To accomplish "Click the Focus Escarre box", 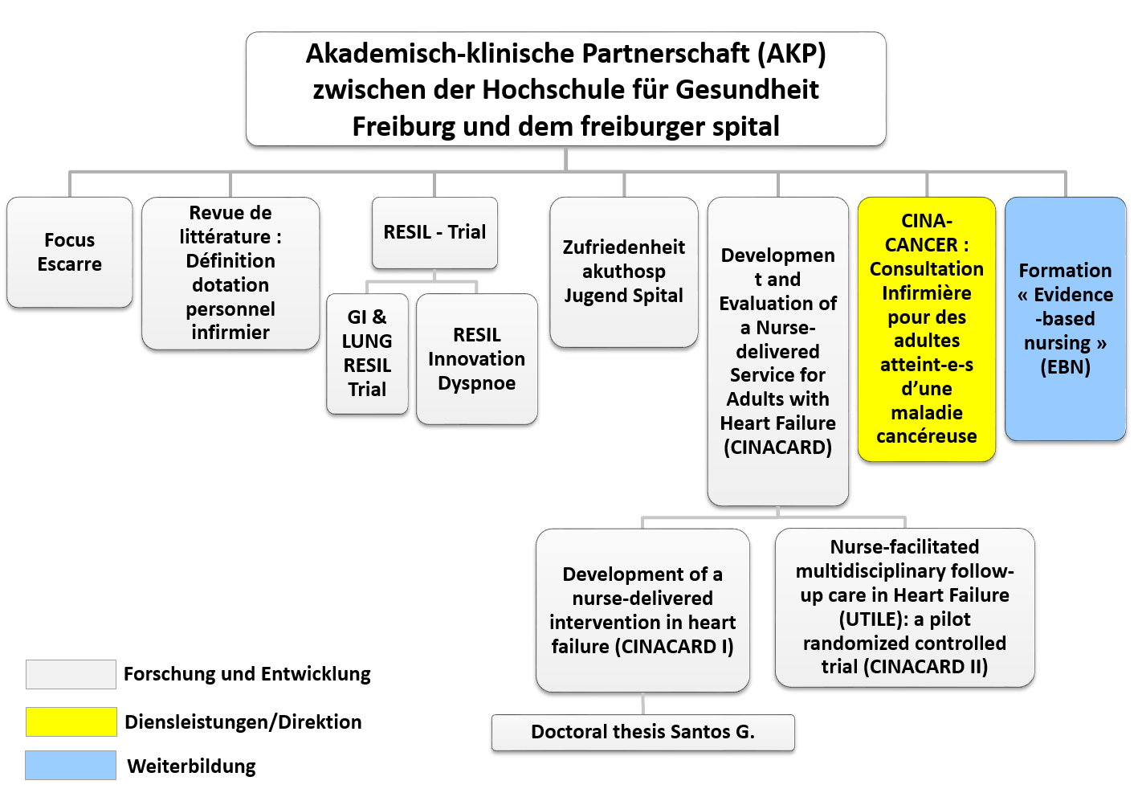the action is [70, 252].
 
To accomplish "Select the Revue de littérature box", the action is [230, 273].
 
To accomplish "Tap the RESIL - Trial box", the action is [434, 233].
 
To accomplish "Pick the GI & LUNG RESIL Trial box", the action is [367, 354].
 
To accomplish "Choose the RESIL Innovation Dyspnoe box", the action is [476, 359].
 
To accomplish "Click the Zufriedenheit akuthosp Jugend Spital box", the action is [624, 272].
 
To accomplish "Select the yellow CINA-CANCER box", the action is [927, 329].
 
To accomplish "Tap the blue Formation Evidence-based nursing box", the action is [1066, 319].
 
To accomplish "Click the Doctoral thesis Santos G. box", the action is [643, 733].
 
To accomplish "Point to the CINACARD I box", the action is [642, 610].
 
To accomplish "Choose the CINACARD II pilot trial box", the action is [905, 607].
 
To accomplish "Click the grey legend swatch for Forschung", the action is [71, 675].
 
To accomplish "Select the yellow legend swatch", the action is [71, 721].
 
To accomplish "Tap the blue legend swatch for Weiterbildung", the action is [71, 765].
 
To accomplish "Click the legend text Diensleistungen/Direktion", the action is [243, 721].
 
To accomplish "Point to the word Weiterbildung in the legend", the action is [191, 766].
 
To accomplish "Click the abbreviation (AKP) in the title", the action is [792, 54].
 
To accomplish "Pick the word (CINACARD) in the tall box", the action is [777, 448].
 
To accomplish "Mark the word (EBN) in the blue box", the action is [1066, 367].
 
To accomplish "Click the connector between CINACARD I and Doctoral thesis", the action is [643, 703].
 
